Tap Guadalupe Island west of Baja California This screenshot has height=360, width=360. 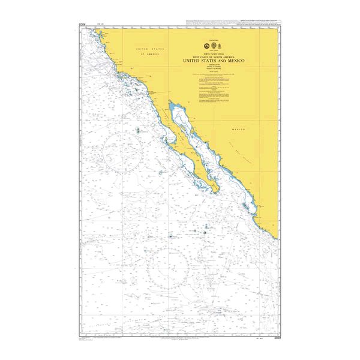pyautogui.click(x=138, y=130)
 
